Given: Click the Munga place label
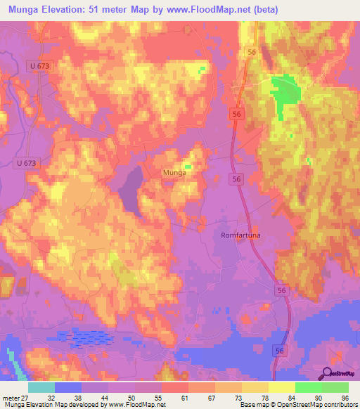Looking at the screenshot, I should (x=174, y=172).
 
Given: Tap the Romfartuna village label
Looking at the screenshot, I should (x=240, y=235).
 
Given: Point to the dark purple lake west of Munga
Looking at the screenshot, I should (x=129, y=188).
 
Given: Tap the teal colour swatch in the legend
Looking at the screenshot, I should (x=41, y=387).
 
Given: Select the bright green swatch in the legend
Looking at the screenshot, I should (x=309, y=387).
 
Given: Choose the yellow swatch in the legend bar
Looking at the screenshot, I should (x=282, y=387).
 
